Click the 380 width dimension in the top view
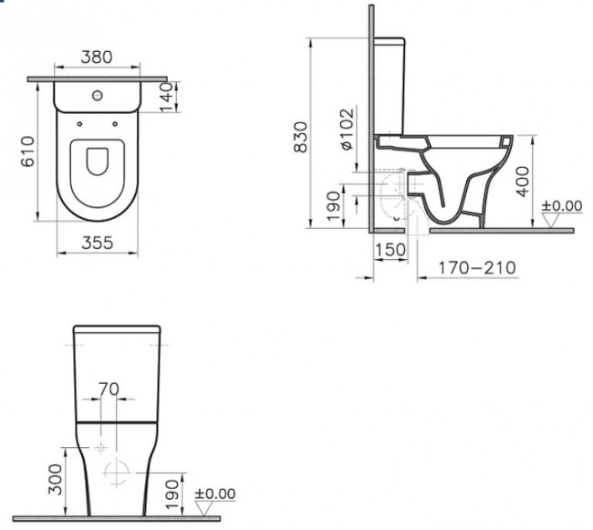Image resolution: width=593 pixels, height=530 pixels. coord(96,57)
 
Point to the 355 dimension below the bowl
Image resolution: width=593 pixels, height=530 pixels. coord(97,244)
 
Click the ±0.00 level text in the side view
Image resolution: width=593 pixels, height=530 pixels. coord(562,207)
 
